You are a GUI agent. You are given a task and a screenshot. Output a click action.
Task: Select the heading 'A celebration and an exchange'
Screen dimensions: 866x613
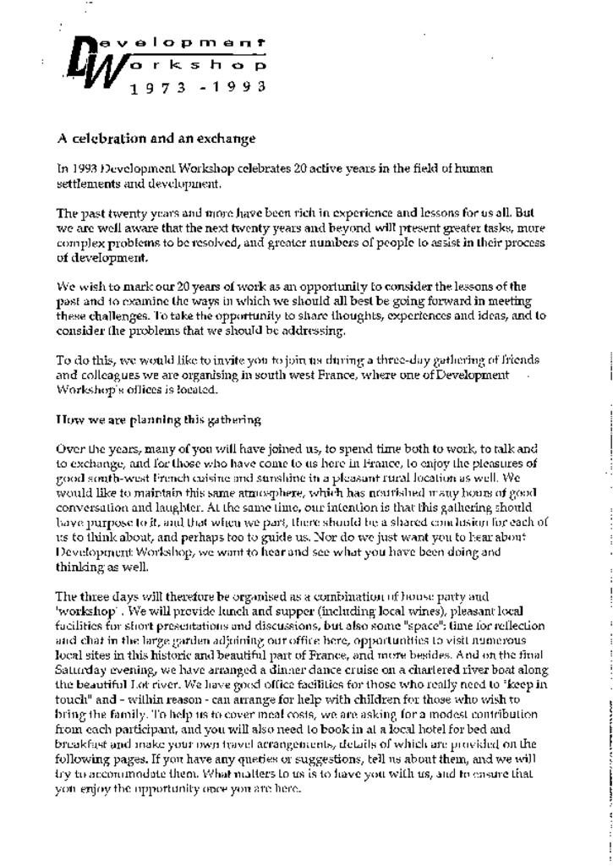pyautogui.click(x=156, y=138)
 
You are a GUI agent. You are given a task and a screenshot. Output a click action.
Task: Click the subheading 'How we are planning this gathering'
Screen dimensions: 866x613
pyautogui.click(x=158, y=419)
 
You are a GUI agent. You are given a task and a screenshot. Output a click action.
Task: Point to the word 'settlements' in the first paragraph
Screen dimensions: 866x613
pyautogui.click(x=84, y=184)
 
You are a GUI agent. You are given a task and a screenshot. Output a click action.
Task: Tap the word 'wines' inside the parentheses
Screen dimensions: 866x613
pyautogui.click(x=344, y=611)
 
